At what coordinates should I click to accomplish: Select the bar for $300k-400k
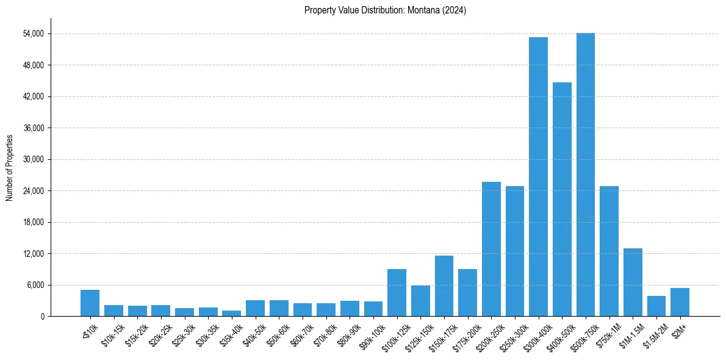pos(538,177)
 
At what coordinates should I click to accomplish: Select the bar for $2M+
pos(680,302)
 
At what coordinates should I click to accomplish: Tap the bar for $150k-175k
pos(444,286)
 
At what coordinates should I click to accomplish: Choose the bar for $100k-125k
pos(397,293)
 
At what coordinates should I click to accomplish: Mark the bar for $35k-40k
pos(231,314)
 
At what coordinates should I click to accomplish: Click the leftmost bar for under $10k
pos(90,303)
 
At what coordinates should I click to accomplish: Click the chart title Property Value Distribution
pos(385,10)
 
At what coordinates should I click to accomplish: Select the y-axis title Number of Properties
pos(10,168)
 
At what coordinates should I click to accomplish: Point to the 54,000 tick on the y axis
pos(33,34)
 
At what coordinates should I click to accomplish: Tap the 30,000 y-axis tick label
pos(33,159)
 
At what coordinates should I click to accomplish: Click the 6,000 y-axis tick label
pos(35,285)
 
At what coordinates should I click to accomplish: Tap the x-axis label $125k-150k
pos(419,334)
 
